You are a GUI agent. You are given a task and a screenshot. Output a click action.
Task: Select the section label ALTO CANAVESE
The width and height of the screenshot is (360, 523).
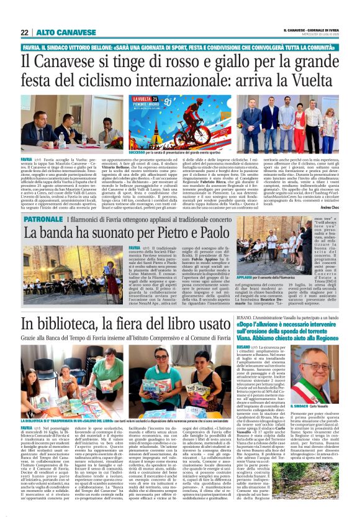[57, 32]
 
